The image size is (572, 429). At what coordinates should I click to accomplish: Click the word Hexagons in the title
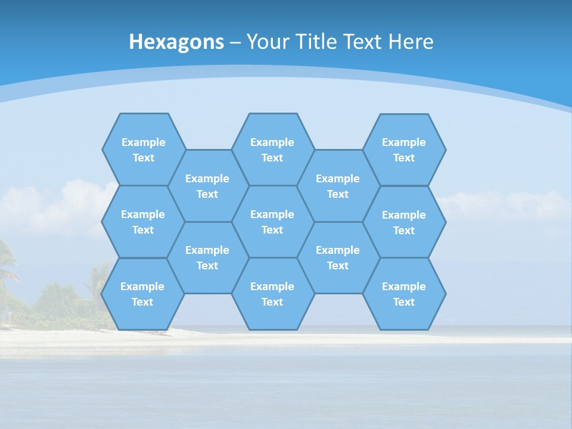click(176, 42)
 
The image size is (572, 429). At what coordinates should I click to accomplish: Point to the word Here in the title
click(411, 42)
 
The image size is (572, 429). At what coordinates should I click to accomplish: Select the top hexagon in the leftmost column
click(143, 150)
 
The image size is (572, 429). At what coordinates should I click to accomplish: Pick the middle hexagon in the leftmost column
click(143, 222)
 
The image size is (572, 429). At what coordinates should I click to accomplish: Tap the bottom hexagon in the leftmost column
click(142, 294)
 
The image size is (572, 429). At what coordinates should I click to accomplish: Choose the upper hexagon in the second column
click(207, 186)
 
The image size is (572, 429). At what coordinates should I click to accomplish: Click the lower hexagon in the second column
click(207, 257)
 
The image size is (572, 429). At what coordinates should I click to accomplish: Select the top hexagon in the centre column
click(272, 150)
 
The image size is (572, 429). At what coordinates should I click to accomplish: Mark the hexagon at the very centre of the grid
click(272, 222)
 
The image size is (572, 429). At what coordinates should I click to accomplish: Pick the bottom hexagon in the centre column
click(272, 294)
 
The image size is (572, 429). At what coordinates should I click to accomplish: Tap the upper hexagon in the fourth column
click(338, 186)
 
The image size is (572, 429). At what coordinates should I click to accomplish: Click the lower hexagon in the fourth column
click(338, 257)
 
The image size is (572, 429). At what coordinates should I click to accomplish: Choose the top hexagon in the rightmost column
click(404, 150)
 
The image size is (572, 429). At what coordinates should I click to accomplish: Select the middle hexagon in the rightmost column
click(404, 222)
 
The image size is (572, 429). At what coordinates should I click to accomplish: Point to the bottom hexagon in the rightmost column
click(404, 294)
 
